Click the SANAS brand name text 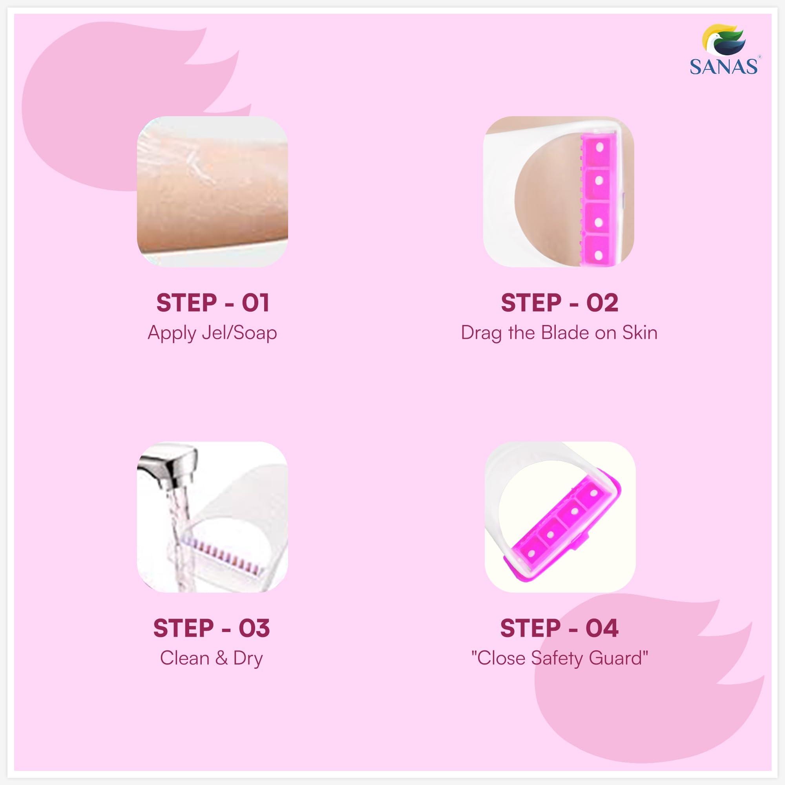coord(723,67)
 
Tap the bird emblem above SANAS coord(724,44)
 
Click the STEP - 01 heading coord(212,303)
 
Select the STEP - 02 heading coord(559,303)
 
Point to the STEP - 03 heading coord(211,628)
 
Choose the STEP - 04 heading coord(559,628)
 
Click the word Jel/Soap coord(239,333)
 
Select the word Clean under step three coord(185,658)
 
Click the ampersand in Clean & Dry coord(221,658)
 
